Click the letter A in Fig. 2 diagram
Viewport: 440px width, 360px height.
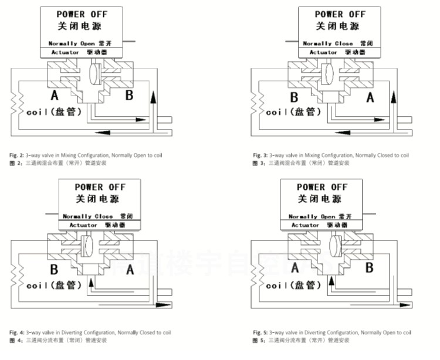[54, 95]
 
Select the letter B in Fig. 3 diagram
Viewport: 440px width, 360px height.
[294, 97]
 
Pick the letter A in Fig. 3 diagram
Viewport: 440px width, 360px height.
[370, 97]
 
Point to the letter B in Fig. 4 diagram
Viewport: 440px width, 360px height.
[53, 270]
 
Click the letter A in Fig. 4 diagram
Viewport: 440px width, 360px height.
[130, 270]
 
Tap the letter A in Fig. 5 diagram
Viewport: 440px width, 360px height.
[294, 268]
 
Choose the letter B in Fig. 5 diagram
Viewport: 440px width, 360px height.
[370, 268]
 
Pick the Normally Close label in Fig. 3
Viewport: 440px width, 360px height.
[327, 43]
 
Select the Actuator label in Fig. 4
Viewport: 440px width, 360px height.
[83, 225]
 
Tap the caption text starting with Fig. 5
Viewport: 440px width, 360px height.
[332, 332]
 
